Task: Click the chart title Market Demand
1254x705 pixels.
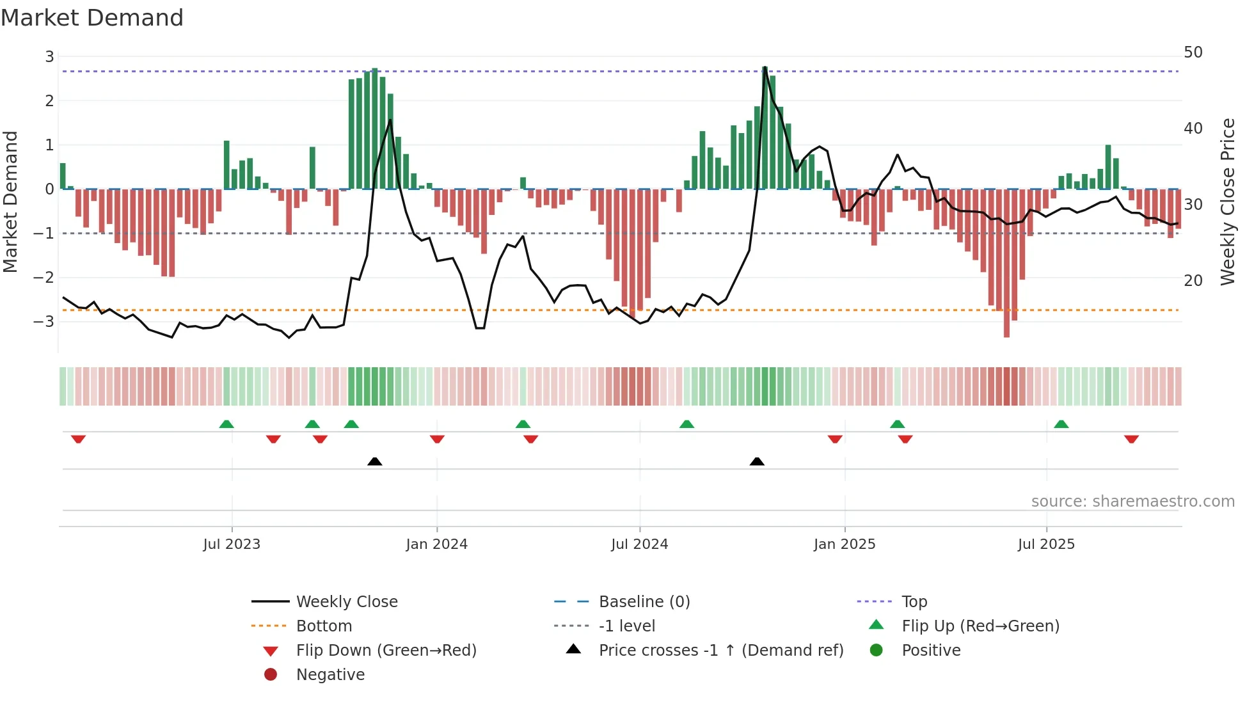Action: click(92, 18)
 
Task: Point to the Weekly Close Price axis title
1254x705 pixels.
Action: click(1227, 202)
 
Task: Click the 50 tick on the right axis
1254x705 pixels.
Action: click(1193, 52)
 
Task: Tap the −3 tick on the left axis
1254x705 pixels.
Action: click(44, 321)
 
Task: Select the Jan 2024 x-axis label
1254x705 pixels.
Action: click(436, 544)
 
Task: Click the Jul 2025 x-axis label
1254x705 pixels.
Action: click(1046, 544)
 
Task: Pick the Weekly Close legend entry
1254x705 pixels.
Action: click(346, 602)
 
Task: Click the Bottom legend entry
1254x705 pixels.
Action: click(324, 626)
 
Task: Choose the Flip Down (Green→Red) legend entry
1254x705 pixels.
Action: click(386, 651)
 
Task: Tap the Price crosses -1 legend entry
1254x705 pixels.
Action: click(720, 651)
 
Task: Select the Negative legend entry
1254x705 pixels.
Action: click(330, 675)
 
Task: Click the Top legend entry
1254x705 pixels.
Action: click(914, 602)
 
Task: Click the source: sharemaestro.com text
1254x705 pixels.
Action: click(1132, 502)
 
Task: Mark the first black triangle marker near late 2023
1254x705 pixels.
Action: click(375, 461)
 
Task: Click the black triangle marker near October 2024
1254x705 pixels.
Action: click(757, 461)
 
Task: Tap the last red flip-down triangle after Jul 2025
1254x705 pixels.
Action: click(1131, 439)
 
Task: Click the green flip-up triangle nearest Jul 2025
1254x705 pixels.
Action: click(1061, 424)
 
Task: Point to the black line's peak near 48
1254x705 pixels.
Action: click(765, 67)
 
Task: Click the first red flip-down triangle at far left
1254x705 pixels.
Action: click(78, 439)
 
